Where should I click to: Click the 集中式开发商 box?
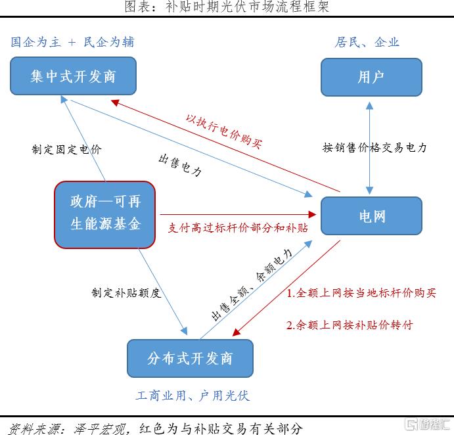click(x=73, y=76)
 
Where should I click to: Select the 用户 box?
click(x=371, y=77)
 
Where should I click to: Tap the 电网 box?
click(x=371, y=216)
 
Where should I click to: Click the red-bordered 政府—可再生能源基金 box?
click(x=105, y=215)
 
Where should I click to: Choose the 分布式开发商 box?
click(x=191, y=358)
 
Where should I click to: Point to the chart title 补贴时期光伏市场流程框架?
click(x=247, y=7)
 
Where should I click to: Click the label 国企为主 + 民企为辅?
click(x=72, y=42)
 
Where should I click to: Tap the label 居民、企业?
click(x=367, y=42)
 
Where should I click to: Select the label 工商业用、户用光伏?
click(x=193, y=396)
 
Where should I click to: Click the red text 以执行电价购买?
click(x=224, y=131)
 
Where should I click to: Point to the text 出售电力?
click(x=180, y=166)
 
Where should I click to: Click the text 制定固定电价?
click(x=66, y=149)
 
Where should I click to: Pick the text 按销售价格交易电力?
click(x=375, y=147)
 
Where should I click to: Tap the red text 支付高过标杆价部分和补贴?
click(x=238, y=227)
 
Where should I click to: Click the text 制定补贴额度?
click(x=126, y=293)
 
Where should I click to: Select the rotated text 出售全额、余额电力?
click(x=252, y=285)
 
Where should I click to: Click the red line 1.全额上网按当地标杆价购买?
click(x=361, y=293)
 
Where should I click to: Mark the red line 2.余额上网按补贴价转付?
click(x=350, y=325)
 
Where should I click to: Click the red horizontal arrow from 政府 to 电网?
click(x=238, y=215)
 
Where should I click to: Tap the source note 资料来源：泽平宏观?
click(x=67, y=428)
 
